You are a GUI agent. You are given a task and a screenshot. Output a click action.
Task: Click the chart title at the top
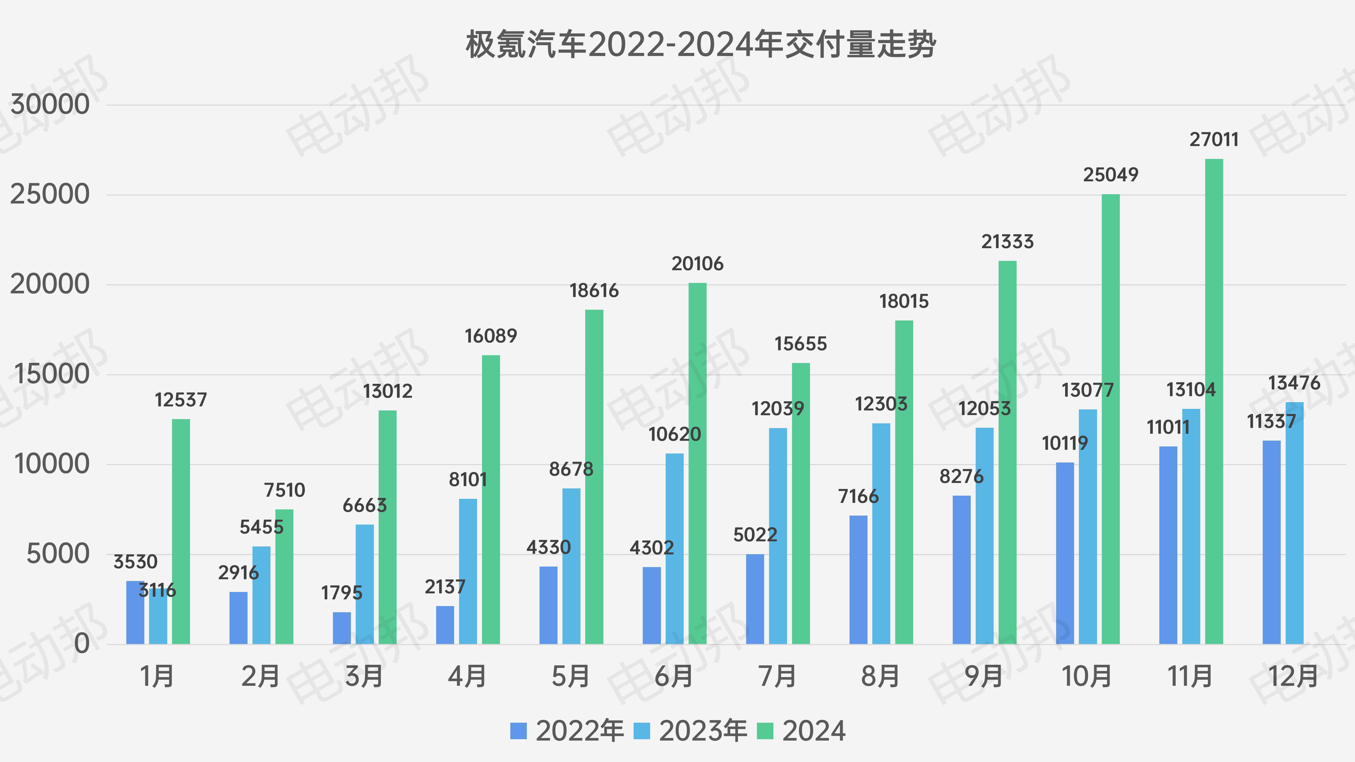[701, 45]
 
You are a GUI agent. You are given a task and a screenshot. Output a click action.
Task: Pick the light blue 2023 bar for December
[1294, 523]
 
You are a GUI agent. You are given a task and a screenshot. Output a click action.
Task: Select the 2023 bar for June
[675, 549]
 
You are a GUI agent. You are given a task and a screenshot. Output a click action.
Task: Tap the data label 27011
[1214, 140]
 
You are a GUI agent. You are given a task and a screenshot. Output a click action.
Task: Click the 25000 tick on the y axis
[50, 195]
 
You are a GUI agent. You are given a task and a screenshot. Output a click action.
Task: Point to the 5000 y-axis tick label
[58, 554]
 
